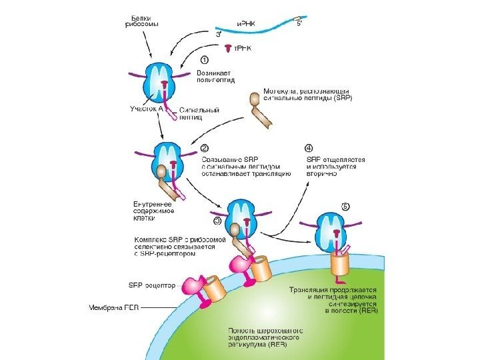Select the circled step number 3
pos(218,221)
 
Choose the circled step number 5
pos(345,206)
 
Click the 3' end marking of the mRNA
pos(218,32)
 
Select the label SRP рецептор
pos(151,285)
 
